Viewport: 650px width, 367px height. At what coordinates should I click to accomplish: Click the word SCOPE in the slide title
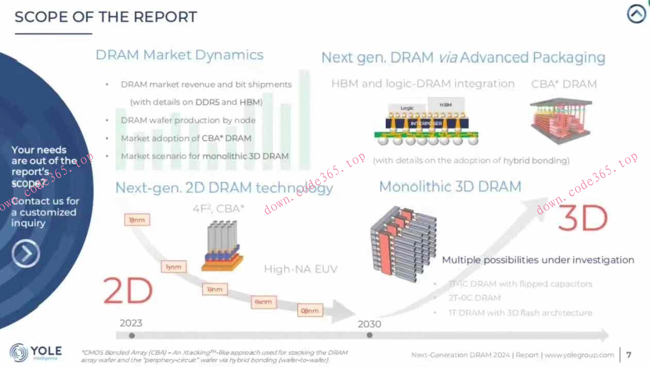point(37,17)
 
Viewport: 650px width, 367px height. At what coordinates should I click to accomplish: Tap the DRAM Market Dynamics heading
point(180,55)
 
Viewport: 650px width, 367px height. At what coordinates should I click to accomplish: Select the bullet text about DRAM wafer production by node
point(188,120)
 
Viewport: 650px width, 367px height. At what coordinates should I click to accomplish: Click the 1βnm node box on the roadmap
point(137,220)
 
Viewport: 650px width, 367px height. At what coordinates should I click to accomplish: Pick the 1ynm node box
point(173,267)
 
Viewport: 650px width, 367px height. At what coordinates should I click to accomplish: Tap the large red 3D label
point(583,219)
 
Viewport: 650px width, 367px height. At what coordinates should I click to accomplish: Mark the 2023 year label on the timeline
point(131,324)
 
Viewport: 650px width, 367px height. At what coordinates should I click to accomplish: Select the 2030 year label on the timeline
point(369,324)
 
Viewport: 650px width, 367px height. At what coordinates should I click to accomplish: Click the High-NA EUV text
point(301,269)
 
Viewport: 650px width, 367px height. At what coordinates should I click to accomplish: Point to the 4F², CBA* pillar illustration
point(222,246)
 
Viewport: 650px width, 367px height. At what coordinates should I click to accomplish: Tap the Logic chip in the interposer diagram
point(408,109)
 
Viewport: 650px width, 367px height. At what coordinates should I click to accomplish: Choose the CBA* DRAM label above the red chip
point(564,84)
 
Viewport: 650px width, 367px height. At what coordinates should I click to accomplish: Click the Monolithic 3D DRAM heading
point(450,187)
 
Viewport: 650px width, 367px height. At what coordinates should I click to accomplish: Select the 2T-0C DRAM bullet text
point(475,298)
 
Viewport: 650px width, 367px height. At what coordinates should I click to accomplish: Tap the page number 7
point(629,355)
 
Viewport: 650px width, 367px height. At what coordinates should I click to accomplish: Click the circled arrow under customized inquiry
point(26,254)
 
